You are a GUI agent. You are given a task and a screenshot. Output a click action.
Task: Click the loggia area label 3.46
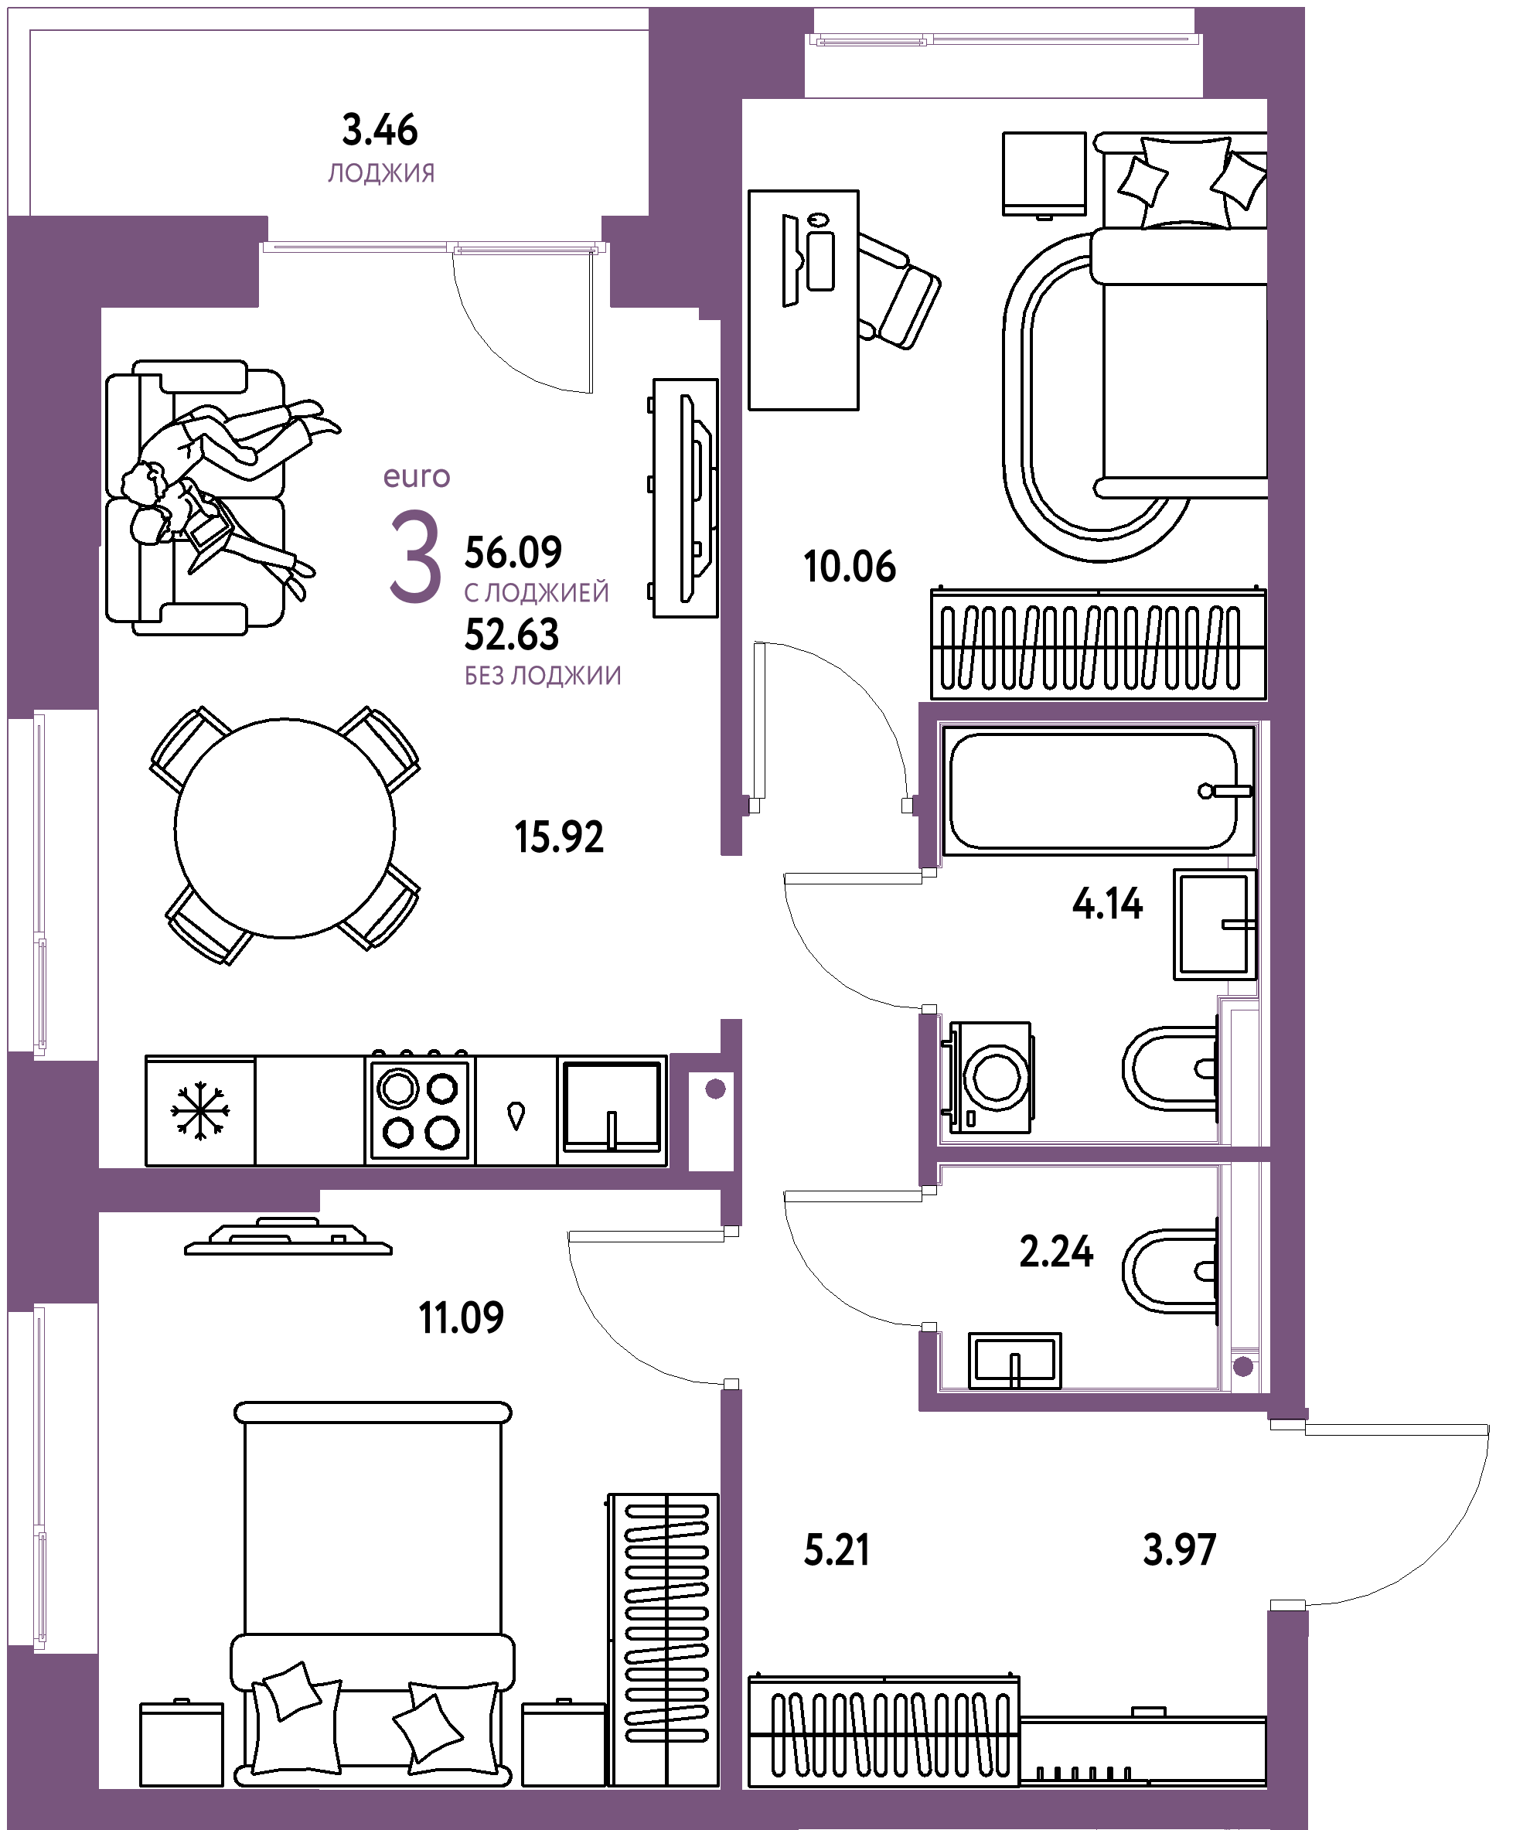[x=380, y=131]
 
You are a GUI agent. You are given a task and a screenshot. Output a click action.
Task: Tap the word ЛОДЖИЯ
[x=381, y=173]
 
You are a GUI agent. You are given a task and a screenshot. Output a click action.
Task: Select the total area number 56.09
[x=513, y=551]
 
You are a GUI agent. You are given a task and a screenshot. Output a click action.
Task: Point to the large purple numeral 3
[x=415, y=557]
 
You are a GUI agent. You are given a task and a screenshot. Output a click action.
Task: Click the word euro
[x=417, y=477]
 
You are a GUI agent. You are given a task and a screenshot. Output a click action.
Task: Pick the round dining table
[x=285, y=828]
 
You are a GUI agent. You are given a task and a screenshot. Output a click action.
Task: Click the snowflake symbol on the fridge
[x=199, y=1110]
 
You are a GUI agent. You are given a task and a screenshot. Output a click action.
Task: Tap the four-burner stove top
[x=420, y=1109]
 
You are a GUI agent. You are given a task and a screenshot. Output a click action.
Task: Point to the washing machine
[x=987, y=1077]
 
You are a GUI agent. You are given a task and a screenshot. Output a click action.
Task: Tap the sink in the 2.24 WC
[x=1014, y=1360]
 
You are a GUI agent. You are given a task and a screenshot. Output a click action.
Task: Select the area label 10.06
[x=850, y=567]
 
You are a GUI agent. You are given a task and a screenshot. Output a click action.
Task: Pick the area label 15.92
[x=559, y=837]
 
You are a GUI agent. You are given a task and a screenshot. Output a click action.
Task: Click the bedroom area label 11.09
[x=461, y=1317]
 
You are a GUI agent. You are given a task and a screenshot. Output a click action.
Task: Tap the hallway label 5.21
[x=837, y=1551]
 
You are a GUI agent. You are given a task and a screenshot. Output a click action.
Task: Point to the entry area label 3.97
[x=1179, y=1550]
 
